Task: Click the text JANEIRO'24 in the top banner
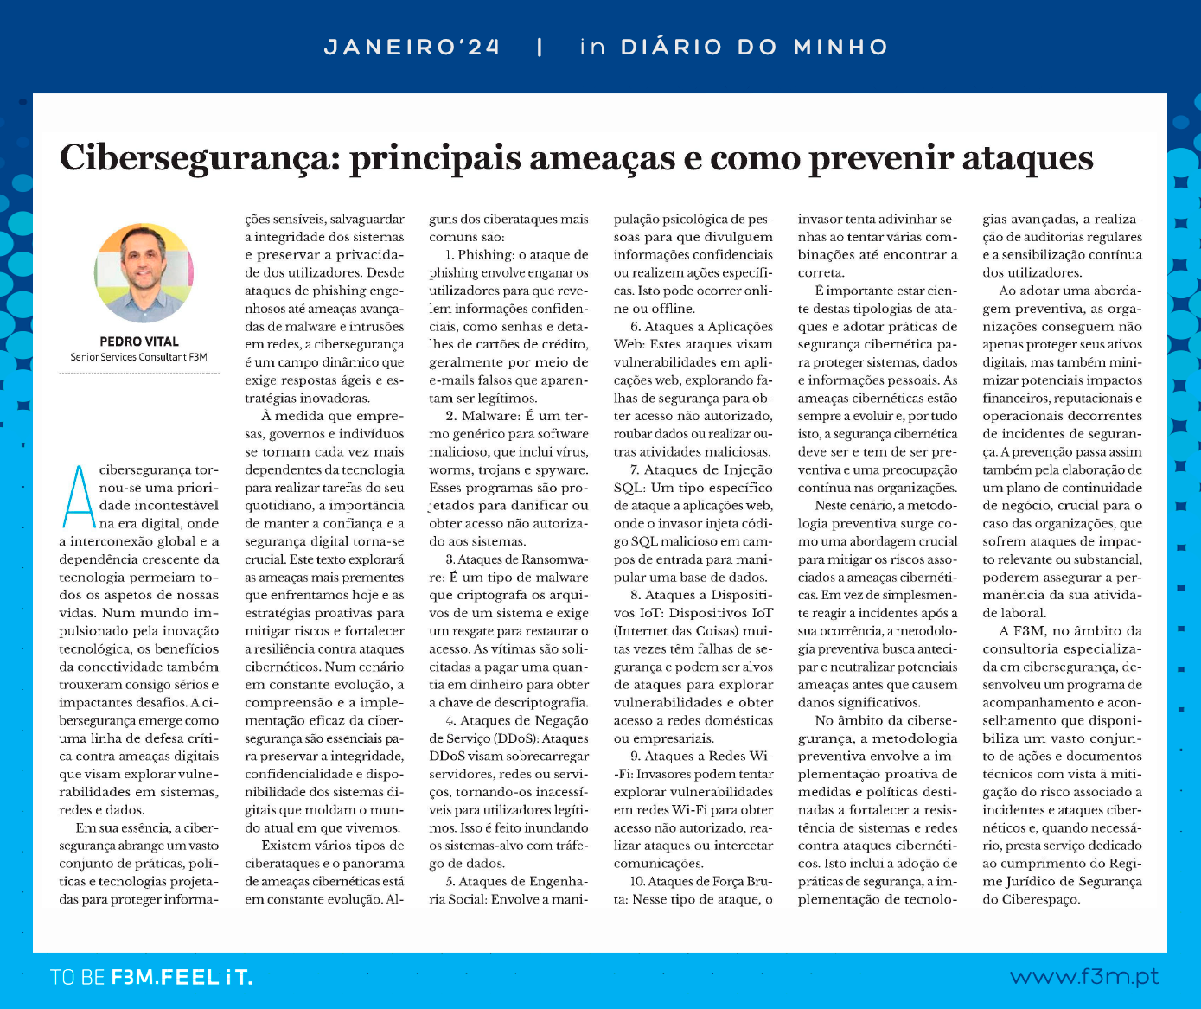click(412, 47)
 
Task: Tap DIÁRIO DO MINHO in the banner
click(754, 47)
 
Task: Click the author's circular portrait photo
click(144, 272)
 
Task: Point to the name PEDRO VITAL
click(139, 342)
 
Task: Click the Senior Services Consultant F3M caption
click(139, 357)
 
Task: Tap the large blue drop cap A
click(78, 496)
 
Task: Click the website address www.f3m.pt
click(1084, 977)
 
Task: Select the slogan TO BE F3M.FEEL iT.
click(151, 978)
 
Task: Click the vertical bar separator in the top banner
click(540, 47)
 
